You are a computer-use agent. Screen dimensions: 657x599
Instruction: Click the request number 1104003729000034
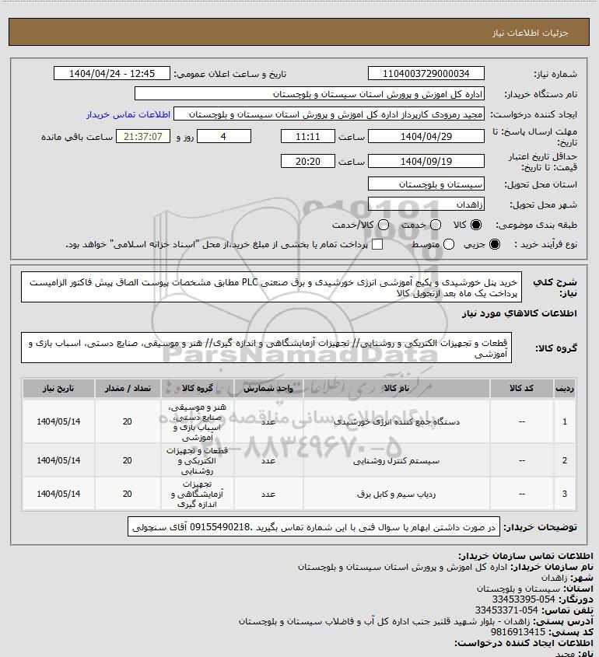[426, 73]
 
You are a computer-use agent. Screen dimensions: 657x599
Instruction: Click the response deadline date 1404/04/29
[426, 135]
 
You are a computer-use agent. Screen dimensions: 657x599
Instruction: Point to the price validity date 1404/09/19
[426, 162]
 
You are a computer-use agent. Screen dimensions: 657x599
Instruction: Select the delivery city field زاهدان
[426, 204]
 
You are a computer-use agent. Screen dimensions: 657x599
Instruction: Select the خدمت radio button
[436, 225]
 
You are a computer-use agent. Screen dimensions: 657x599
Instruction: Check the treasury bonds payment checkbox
[378, 245]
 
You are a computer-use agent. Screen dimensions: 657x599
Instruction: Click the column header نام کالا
[391, 386]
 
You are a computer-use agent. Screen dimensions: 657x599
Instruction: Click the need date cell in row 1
[59, 421]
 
